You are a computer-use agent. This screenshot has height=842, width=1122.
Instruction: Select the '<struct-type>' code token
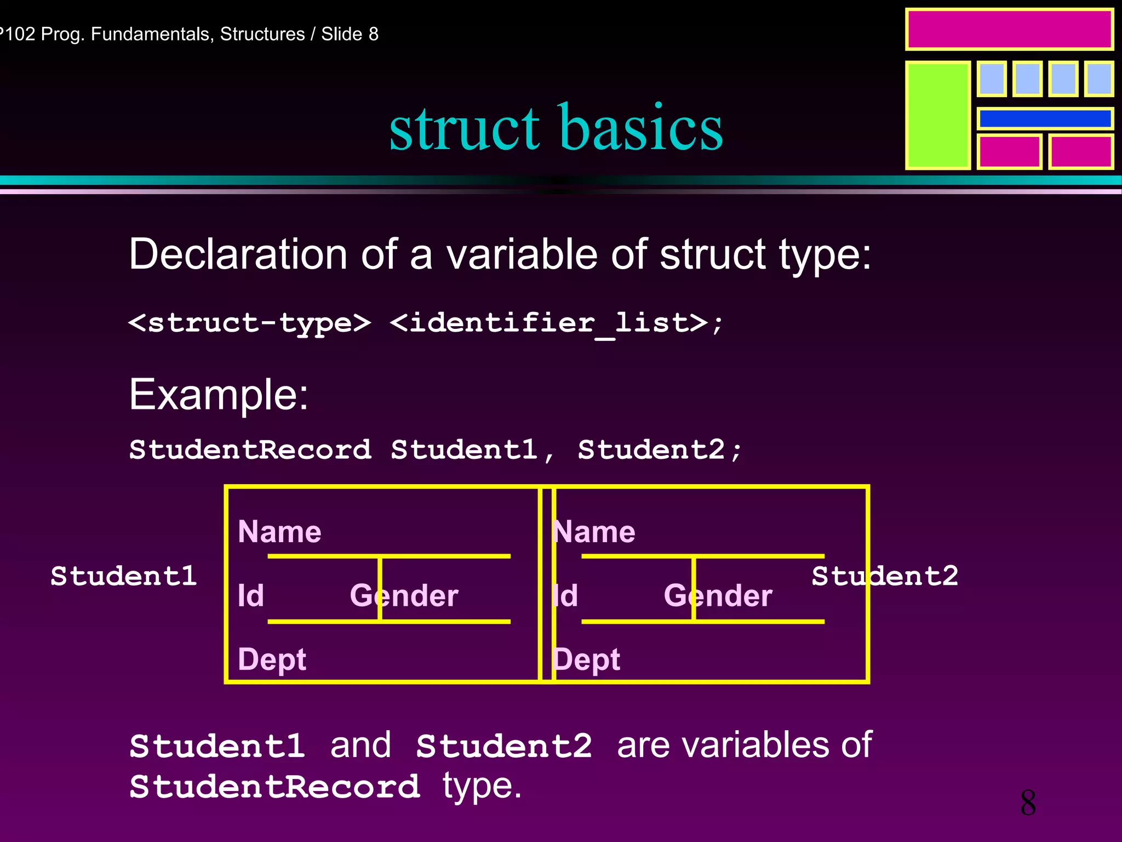pos(249,322)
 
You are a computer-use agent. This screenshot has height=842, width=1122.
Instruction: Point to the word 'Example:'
pos(219,394)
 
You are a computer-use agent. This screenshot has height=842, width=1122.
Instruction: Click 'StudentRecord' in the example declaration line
pos(250,450)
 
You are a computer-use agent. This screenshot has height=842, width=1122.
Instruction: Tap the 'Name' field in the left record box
pos(279,532)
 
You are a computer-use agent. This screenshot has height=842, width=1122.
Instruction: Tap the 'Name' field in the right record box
pos(594,532)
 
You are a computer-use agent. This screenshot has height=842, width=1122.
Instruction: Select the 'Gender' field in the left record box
pos(404,595)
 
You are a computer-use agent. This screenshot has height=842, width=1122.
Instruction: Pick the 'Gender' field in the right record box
pos(718,595)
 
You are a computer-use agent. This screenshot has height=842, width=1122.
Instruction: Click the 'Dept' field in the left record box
pos(272,659)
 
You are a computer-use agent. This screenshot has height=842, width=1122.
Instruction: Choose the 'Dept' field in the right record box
pos(586,659)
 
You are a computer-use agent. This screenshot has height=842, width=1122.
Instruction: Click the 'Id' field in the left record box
pos(250,595)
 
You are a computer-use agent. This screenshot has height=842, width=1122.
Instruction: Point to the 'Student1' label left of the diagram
pos(124,576)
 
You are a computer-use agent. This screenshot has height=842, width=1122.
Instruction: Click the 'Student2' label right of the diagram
pos(885,576)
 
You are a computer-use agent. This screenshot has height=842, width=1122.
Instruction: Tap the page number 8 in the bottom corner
pos(1028,803)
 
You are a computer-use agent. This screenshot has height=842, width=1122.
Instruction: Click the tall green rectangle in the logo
pos(937,115)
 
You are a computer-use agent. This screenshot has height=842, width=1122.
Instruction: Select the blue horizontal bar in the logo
pos(1045,118)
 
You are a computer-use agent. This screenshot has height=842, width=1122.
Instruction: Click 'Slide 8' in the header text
pos(350,34)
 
